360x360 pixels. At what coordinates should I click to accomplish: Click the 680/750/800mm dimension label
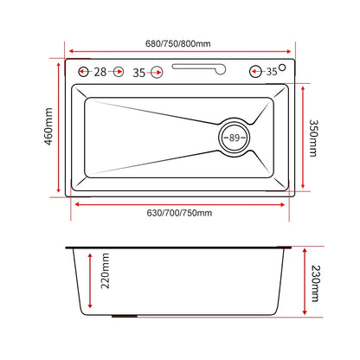click(x=178, y=44)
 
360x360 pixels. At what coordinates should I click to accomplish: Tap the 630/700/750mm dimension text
click(x=179, y=213)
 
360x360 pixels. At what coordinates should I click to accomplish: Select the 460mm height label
click(x=48, y=126)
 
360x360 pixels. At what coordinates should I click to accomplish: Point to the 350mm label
click(x=313, y=138)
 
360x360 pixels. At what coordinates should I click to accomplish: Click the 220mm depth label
click(x=105, y=271)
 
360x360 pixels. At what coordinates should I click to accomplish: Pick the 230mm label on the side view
click(x=316, y=284)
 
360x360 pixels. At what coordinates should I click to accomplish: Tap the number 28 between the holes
click(x=100, y=72)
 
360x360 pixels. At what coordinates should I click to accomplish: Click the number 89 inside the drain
click(x=235, y=138)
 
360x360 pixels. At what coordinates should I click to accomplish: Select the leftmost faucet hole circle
click(x=83, y=72)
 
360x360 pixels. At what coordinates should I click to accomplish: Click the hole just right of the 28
click(x=119, y=72)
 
